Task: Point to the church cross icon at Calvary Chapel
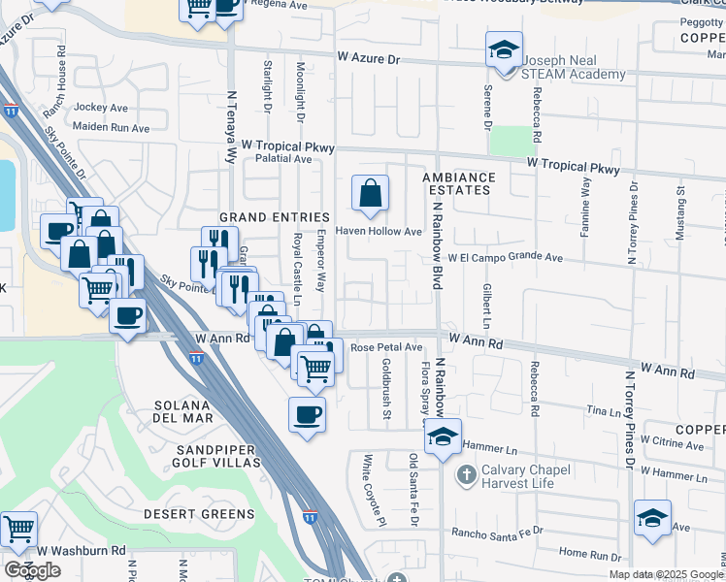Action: coord(466,474)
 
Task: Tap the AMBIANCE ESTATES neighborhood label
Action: coord(458,184)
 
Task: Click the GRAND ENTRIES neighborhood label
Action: coord(264,216)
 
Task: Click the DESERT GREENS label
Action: coord(199,514)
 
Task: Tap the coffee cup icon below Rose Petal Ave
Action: coord(307,414)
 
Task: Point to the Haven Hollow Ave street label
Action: coord(379,232)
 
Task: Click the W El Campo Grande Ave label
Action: coord(505,258)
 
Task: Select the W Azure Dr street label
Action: coord(368,59)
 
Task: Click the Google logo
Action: coord(32,570)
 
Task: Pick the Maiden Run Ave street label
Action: coord(115,128)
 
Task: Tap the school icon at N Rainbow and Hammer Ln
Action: coord(443,437)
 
